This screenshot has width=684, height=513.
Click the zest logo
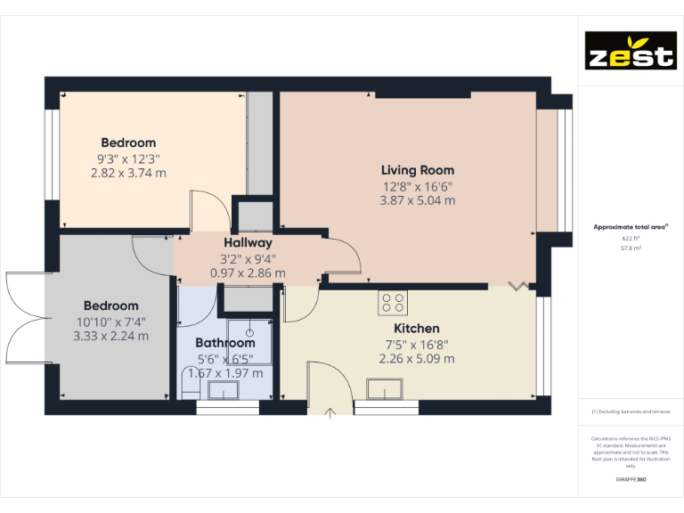pyautogui.click(x=630, y=52)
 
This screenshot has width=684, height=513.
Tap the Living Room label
pyautogui.click(x=418, y=170)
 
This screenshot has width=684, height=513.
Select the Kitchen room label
pyautogui.click(x=418, y=329)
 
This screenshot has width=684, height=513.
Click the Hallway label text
pyautogui.click(x=248, y=242)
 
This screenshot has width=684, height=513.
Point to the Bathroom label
pyautogui.click(x=225, y=343)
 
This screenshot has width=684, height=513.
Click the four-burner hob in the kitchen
pyautogui.click(x=393, y=303)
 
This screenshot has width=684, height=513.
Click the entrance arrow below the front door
pyautogui.click(x=330, y=411)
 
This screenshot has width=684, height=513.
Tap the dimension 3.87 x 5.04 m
pyautogui.click(x=418, y=201)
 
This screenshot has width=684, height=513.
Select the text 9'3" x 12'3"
pyautogui.click(x=128, y=159)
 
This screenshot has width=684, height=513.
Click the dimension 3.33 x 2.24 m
pyautogui.click(x=111, y=337)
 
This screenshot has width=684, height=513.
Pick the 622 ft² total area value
pyautogui.click(x=630, y=239)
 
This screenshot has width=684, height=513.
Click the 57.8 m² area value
pyautogui.click(x=630, y=248)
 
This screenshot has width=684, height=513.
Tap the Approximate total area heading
pyautogui.click(x=630, y=227)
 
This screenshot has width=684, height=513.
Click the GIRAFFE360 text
pyautogui.click(x=630, y=480)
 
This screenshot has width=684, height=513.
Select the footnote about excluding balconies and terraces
pyautogui.click(x=630, y=412)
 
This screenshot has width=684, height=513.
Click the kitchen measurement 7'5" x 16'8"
pyautogui.click(x=418, y=344)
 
